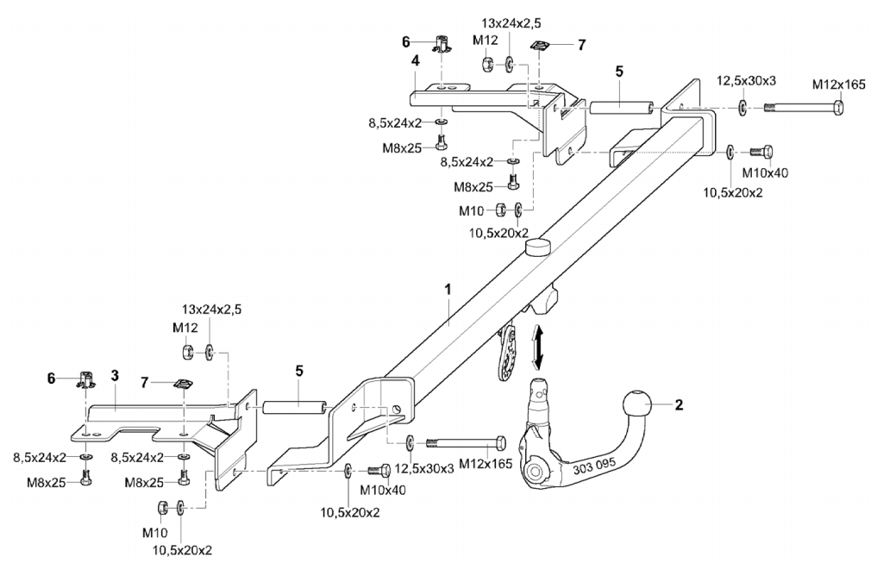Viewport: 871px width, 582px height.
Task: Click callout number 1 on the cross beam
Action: coord(448,291)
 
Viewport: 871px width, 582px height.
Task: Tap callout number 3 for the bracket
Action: coord(115,376)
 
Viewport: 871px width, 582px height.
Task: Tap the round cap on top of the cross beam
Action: coord(537,248)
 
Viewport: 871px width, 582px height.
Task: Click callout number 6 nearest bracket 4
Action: coord(405,41)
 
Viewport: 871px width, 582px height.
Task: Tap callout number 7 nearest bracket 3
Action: coord(145,380)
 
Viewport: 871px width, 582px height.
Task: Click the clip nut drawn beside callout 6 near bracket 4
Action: coord(443,42)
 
